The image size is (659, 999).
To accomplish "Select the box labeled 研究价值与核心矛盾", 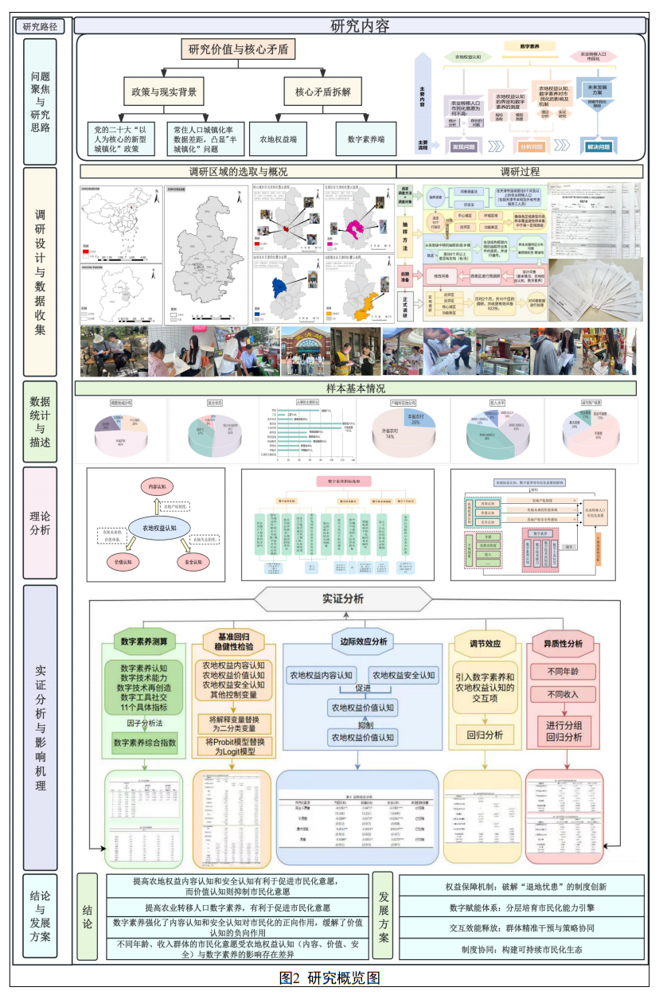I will coord(239,50).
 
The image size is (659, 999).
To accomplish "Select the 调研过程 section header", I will coord(520,171).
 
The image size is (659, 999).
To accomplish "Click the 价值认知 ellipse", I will coord(126,561).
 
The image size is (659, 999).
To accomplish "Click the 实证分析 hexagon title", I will coord(343,599).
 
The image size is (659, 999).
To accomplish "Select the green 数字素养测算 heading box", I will coord(143,642).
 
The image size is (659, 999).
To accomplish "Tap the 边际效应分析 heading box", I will coord(358,642).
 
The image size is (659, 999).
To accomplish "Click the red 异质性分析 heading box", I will coord(563,643).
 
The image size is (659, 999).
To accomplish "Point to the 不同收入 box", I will coord(563,694).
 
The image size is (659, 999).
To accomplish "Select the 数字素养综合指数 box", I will coord(145,743).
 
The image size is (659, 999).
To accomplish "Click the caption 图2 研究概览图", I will coord(329,978).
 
